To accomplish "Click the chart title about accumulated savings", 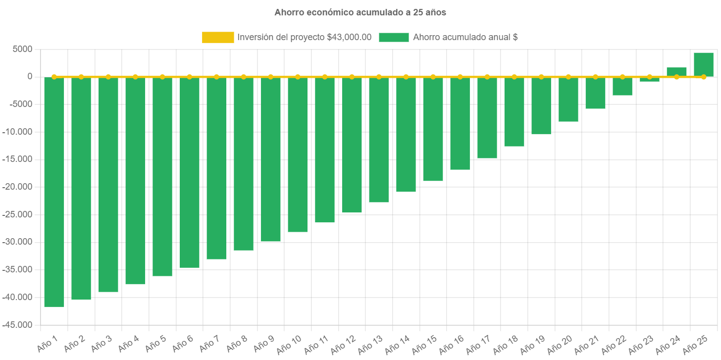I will click(360, 12).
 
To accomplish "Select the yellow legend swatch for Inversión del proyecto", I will click(218, 37).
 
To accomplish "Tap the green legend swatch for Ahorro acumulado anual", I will click(394, 37).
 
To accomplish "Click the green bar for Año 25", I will click(703, 64).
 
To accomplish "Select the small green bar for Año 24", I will click(676, 72).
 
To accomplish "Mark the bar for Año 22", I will click(622, 86).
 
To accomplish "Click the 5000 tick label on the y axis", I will click(23, 49).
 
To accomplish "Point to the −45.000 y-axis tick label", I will click(18, 325).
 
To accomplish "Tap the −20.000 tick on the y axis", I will click(18, 187).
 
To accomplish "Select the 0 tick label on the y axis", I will click(30, 77).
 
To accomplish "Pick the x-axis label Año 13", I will click(371, 344).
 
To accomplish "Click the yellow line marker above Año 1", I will click(54, 77).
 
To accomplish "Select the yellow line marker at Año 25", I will click(703, 77).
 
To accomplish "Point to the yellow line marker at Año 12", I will click(352, 77).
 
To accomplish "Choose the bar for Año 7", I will click(216, 168).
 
